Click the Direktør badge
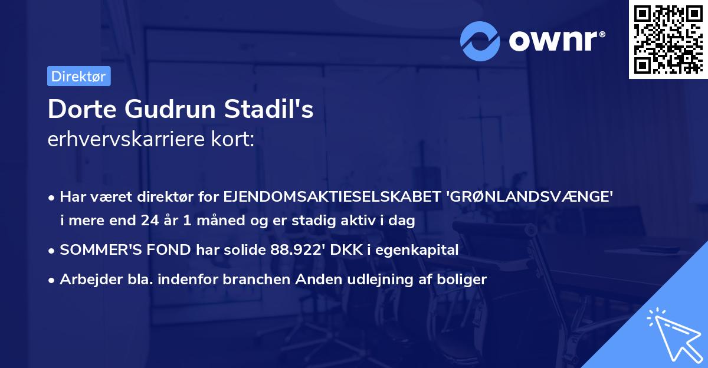(x=78, y=76)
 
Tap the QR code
(x=668, y=40)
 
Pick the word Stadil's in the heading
(x=270, y=110)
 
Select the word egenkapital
(x=418, y=250)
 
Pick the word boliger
(x=463, y=279)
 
